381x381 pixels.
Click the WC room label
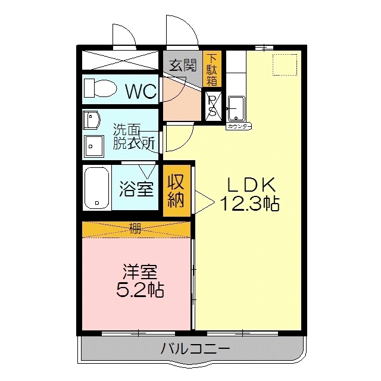click(140, 92)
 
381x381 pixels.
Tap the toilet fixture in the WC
click(100, 89)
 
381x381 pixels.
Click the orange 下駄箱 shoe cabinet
click(212, 68)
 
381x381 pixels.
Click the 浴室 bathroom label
click(136, 189)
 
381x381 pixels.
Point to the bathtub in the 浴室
click(96, 188)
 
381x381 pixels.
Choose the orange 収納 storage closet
click(177, 190)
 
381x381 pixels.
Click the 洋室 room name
click(139, 272)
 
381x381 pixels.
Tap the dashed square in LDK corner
click(284, 64)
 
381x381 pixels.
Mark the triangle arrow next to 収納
click(203, 201)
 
